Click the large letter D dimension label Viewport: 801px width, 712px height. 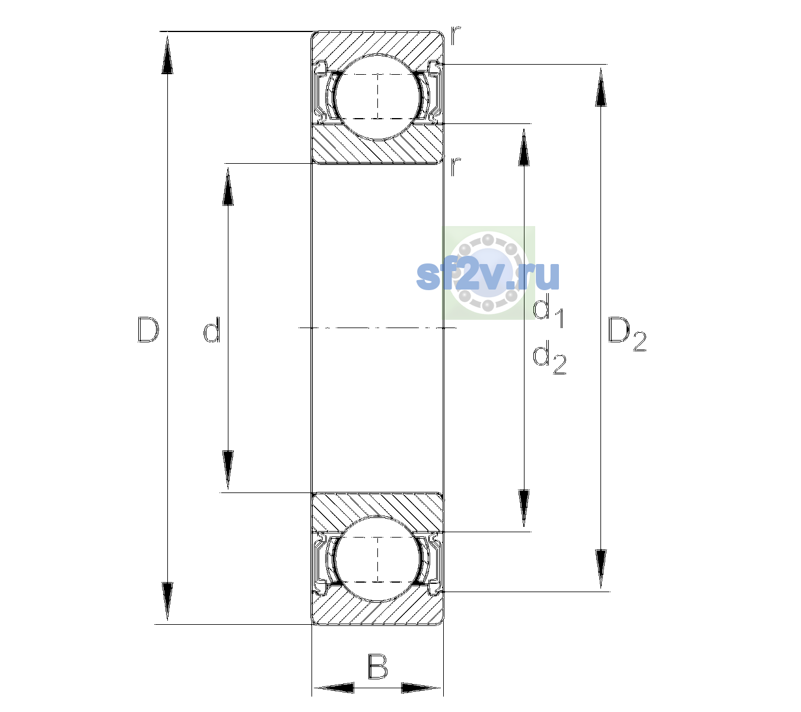point(148,329)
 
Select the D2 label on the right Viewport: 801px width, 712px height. point(627,334)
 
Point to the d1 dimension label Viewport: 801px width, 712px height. point(548,312)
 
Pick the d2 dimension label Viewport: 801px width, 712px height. point(549,357)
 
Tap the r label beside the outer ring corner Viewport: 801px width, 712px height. point(456,36)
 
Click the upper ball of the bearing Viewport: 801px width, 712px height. point(377,97)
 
